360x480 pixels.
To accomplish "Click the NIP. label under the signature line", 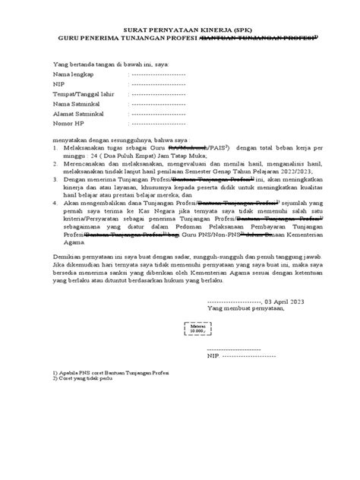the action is coord(213,355).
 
